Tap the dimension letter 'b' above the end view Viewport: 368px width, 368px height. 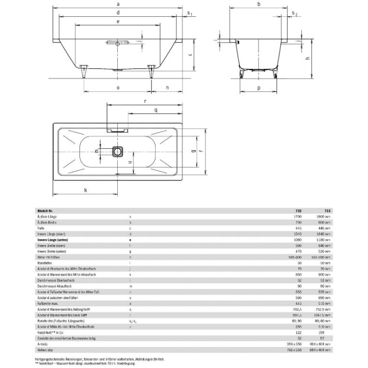pos(259,4)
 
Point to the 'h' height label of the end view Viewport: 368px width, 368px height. pos(306,59)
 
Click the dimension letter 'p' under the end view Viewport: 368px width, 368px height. pos(259,88)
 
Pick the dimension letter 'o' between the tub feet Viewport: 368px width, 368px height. pos(118,88)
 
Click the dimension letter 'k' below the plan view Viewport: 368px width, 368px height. pos(85,190)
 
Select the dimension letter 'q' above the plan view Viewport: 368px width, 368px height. pos(155,110)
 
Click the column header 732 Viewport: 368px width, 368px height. pos(300,210)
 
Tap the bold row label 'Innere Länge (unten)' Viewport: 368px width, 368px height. pos(53,239)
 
